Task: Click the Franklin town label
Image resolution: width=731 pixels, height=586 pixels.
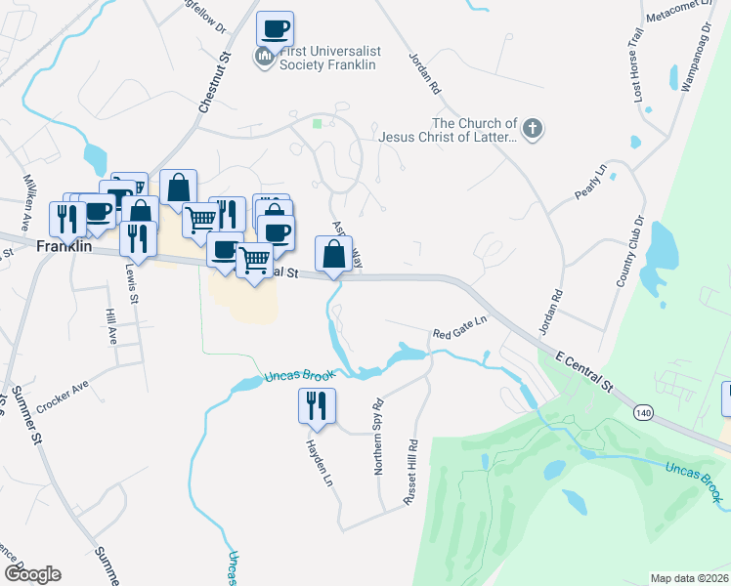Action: [x=64, y=247]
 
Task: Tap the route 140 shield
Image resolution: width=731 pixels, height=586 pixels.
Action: [x=642, y=413]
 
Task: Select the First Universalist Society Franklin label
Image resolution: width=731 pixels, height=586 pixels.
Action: [x=327, y=58]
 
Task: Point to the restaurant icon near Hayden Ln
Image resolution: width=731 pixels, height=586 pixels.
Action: [x=317, y=405]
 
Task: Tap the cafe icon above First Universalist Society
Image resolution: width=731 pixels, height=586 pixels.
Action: [x=276, y=28]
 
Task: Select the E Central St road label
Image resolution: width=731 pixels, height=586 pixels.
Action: [x=584, y=371]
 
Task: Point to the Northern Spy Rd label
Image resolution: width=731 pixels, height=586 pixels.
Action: [x=378, y=436]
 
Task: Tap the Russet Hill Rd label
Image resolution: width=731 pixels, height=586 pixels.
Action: [x=412, y=472]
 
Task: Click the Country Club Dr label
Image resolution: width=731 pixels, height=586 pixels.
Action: [x=631, y=251]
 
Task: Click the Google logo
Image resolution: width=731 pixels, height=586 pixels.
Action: [x=32, y=574]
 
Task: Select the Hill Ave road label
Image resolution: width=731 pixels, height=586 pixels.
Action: [x=109, y=328]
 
